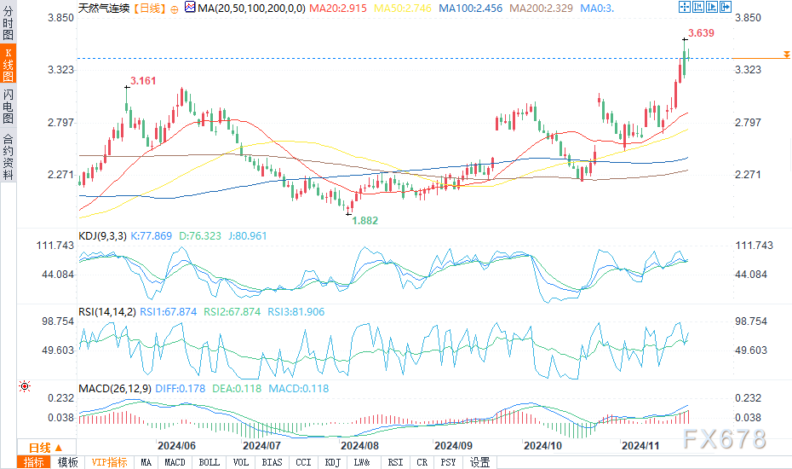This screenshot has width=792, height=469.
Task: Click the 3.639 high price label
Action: click(x=700, y=33)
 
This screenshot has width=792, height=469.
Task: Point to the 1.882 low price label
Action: click(x=366, y=220)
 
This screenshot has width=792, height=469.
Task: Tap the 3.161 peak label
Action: click(x=142, y=82)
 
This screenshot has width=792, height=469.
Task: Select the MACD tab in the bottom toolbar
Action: click(x=175, y=462)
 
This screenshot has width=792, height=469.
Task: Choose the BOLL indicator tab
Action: click(x=209, y=462)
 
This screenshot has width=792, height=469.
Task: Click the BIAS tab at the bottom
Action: click(x=273, y=462)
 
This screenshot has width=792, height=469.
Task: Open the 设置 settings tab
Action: click(x=479, y=462)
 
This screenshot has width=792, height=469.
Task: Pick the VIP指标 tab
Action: click(x=110, y=462)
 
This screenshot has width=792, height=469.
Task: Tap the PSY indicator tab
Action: click(x=448, y=462)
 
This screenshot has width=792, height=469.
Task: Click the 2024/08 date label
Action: click(x=359, y=445)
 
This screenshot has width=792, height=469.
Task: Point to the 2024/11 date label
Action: click(x=641, y=445)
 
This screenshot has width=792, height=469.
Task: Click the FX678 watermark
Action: click(x=724, y=438)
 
